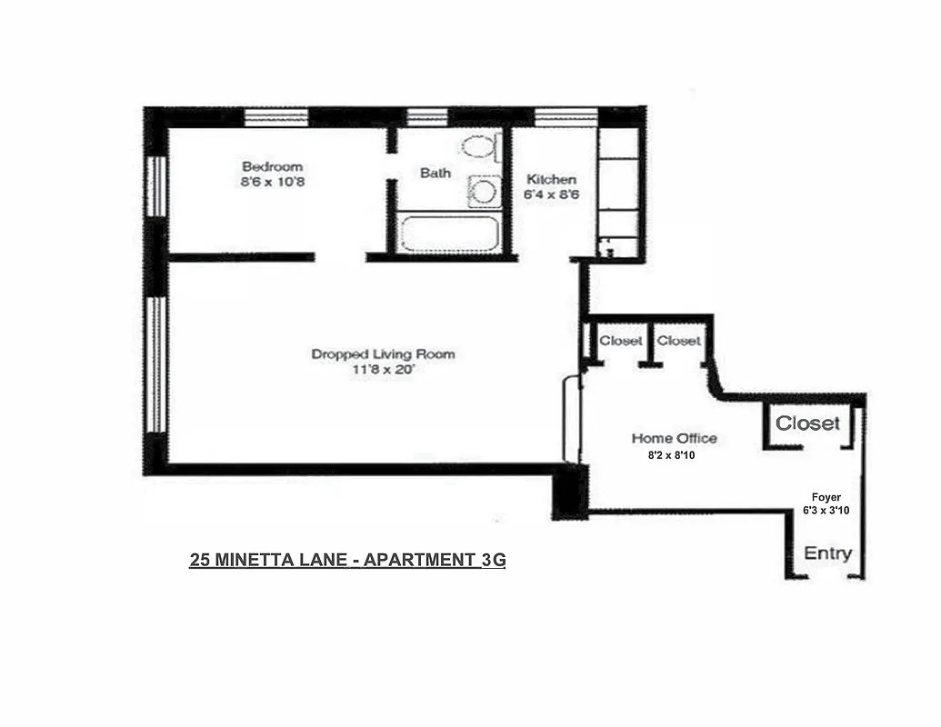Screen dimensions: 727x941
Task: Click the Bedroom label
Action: pos(272,166)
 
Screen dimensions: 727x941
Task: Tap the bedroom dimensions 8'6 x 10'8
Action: pos(272,182)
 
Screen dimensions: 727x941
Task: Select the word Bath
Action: pos(435,173)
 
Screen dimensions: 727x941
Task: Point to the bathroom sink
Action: pos(484,191)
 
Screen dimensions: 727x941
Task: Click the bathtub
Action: pos(449,234)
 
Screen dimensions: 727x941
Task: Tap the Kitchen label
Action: pos(551,179)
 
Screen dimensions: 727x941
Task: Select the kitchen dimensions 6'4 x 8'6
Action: pos(551,194)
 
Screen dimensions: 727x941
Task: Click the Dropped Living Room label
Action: pos(383,354)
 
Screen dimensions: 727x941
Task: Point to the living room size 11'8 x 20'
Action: pos(383,370)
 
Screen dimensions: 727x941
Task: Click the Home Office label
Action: pos(674,438)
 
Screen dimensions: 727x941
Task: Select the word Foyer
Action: pos(826,496)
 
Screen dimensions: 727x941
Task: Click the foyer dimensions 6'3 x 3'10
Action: pos(826,511)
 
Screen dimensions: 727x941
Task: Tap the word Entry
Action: pos(827,553)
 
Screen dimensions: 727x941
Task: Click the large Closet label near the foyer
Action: pos(807,423)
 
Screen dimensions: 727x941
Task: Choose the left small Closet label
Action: pos(621,341)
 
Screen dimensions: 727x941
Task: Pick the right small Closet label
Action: pos(678,341)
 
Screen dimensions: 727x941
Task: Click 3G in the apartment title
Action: pos(492,560)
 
